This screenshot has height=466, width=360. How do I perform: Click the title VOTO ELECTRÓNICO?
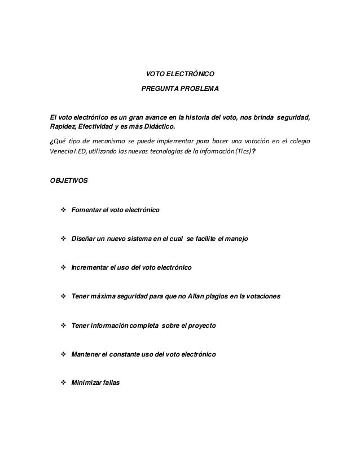[x=180, y=74]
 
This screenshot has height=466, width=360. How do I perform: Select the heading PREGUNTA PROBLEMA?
[x=180, y=89]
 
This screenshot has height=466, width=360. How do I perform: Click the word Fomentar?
[x=85, y=210]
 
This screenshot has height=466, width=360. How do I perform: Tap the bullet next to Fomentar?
[x=63, y=210]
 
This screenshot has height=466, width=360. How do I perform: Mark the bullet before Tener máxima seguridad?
[x=63, y=296]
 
